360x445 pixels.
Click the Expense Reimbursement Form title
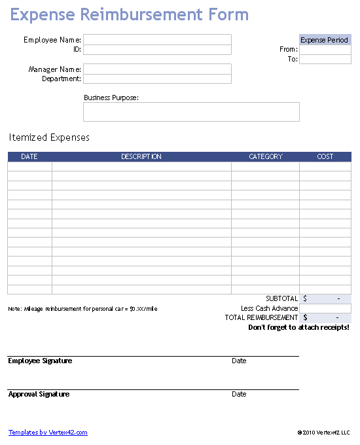[129, 14]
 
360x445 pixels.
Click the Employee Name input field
[157, 39]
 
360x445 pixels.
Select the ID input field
[157, 50]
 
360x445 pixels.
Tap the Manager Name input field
[157, 69]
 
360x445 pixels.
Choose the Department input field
[157, 79]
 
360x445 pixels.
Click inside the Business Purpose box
[191, 112]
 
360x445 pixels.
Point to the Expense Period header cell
[325, 40]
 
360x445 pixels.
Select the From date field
[325, 50]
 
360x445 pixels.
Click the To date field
[325, 60]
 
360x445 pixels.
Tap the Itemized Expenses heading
[49, 137]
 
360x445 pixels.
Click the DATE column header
[29, 157]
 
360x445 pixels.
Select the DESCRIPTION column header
[141, 157]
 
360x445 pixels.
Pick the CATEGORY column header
[265, 157]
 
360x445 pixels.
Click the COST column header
[325, 157]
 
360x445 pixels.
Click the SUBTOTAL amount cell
[325, 299]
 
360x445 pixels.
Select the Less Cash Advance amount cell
[325, 308]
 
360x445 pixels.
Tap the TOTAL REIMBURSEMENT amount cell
[325, 317]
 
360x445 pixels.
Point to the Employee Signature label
[40, 361]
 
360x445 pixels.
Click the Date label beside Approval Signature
[239, 395]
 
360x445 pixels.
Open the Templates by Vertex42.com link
[48, 433]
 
